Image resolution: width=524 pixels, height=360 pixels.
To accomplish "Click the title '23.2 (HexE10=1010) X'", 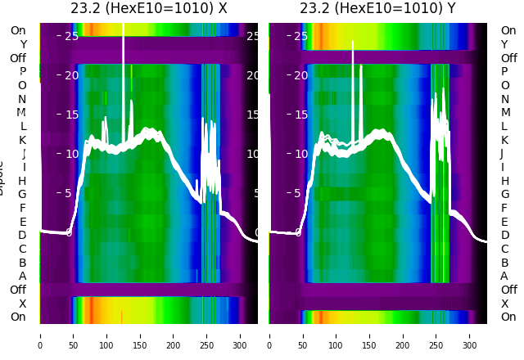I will point(148,9).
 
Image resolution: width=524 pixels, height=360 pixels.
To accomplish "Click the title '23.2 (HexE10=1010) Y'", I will point(377,9).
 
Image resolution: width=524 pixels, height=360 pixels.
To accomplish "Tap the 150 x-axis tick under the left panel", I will point(140,335).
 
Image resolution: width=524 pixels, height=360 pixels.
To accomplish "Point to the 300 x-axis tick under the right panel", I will point(471,335).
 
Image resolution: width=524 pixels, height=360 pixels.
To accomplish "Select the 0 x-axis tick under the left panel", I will point(39,335).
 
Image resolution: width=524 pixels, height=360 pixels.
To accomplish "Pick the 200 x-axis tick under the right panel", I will point(404,335).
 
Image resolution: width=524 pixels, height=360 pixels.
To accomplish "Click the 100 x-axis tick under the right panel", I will point(337,335).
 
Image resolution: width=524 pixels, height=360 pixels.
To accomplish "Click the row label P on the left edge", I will point(23,72).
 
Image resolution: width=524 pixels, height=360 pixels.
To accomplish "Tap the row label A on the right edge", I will point(504,277).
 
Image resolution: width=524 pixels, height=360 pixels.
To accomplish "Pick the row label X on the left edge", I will point(23,304).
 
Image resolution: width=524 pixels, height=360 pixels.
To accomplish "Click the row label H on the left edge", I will point(23,181).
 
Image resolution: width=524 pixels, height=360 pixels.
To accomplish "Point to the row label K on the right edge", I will point(504,140).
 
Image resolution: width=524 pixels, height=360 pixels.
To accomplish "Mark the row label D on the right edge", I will point(504,236).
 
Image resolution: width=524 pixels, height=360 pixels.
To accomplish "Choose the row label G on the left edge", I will point(23,195).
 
